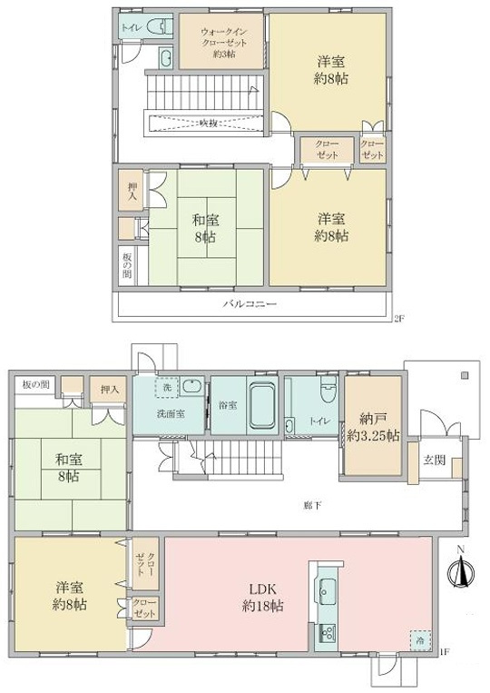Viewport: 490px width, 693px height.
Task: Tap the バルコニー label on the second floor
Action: [x=250, y=305]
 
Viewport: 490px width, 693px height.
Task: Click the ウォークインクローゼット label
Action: [x=221, y=41]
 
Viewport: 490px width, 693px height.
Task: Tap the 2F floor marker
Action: [x=397, y=319]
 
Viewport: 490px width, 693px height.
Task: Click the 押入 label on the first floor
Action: [x=110, y=390]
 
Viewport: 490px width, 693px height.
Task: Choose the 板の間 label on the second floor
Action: [x=127, y=265]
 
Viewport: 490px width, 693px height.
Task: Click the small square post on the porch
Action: [x=463, y=373]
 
